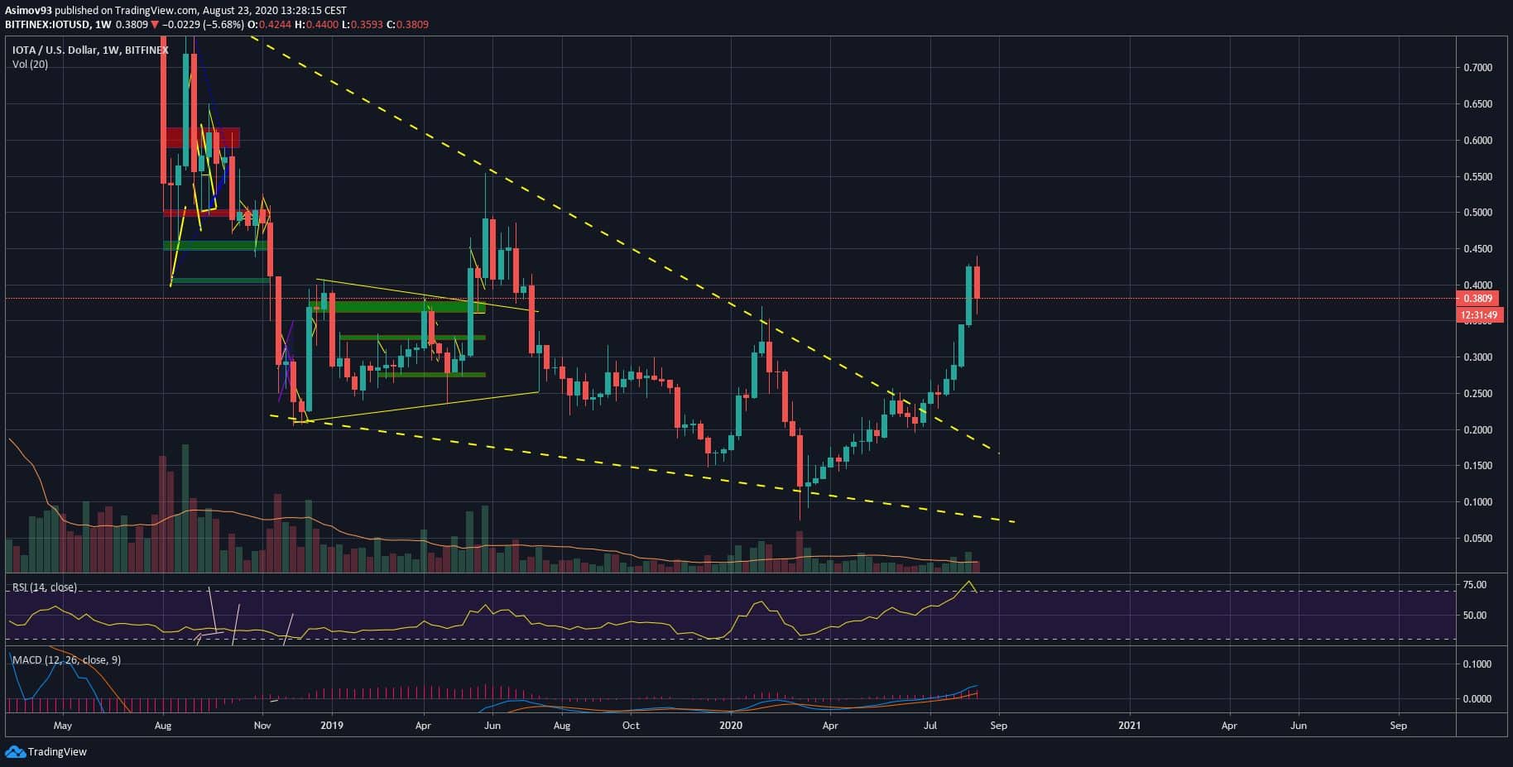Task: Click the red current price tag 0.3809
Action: point(1477,299)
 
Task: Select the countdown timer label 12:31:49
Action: point(1477,315)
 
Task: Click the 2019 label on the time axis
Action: point(332,726)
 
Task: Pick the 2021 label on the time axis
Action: point(1129,726)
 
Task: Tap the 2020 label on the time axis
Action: point(731,726)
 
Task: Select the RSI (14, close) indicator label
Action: point(44,587)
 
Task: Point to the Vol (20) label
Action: point(30,65)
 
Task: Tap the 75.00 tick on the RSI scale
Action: point(1475,585)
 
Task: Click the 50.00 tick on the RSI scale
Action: point(1475,616)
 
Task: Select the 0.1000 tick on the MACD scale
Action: point(1477,664)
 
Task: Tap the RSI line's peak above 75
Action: point(969,582)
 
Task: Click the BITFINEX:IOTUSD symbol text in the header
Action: point(46,25)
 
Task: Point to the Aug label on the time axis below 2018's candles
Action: point(163,726)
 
